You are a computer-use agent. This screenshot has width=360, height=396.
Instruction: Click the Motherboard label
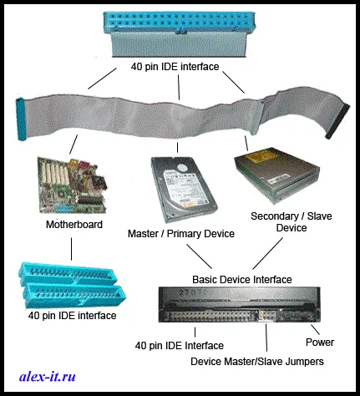[74, 225]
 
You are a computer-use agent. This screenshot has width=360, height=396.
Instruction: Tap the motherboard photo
[73, 185]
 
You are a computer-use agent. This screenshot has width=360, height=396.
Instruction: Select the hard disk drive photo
[184, 190]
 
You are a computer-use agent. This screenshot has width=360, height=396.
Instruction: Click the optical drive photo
[276, 175]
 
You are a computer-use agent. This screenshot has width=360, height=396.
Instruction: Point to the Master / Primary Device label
[181, 234]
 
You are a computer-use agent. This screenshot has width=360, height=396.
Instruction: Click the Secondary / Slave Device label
[292, 222]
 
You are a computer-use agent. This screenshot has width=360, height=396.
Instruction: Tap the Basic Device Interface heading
[242, 279]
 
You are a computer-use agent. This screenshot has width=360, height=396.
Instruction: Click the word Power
[320, 343]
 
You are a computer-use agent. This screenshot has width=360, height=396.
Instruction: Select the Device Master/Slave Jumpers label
[257, 362]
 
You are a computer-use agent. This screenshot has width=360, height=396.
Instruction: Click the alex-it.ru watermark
[48, 377]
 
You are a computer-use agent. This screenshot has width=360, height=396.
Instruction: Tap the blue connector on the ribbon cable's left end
[21, 119]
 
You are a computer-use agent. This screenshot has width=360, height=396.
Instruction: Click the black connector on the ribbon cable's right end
[337, 121]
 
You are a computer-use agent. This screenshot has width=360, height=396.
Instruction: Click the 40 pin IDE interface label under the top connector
[175, 67]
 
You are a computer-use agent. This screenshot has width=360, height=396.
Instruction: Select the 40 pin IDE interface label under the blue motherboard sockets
[72, 316]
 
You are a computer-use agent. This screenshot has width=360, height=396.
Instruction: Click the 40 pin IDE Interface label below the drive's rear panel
[180, 346]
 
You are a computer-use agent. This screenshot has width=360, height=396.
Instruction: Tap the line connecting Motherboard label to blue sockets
[71, 249]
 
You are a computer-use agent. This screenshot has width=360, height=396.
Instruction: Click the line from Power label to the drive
[315, 329]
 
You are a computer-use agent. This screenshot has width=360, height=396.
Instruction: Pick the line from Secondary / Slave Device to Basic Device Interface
[267, 253]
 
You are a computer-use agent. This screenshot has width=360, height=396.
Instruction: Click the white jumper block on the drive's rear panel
[266, 316]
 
